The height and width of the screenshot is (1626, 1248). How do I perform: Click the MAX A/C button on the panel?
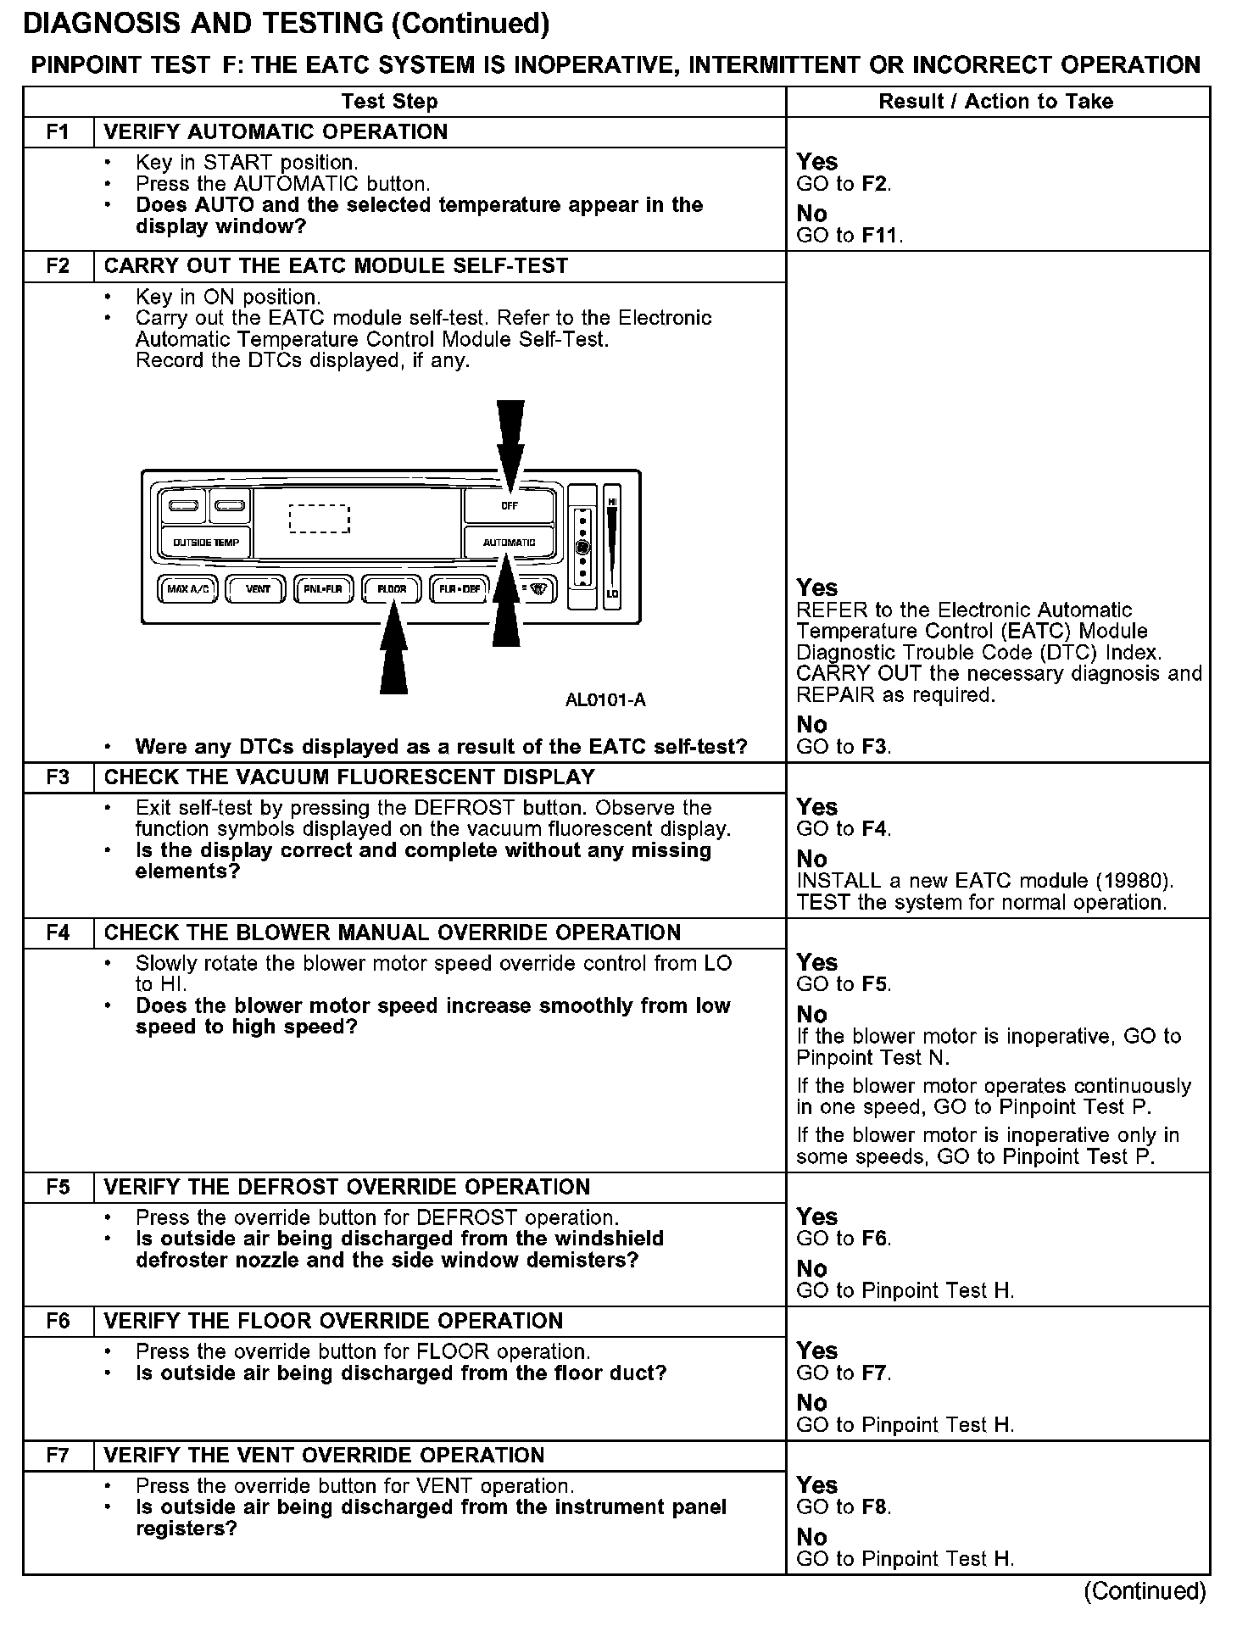pos(188,588)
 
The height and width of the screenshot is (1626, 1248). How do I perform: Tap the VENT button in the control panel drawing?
pos(258,588)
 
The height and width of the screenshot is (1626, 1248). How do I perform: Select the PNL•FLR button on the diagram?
pos(324,588)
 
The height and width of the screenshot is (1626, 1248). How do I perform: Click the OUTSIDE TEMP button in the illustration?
pos(206,543)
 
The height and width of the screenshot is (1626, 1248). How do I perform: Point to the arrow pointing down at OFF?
pos(510,445)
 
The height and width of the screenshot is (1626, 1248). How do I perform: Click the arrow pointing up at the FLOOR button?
pos(393,649)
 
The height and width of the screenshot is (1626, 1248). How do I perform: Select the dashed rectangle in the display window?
pos(319,519)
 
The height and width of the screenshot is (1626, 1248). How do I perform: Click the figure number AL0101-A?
pos(605,700)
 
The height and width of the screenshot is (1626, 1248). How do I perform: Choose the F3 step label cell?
pos(58,777)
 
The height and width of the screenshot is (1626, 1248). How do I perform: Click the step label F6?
pos(58,1321)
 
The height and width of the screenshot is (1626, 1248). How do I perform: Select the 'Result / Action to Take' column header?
pos(996,102)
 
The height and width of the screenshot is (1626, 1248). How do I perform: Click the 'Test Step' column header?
pos(389,102)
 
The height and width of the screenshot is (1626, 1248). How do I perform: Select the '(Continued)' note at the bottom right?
pos(1145,1591)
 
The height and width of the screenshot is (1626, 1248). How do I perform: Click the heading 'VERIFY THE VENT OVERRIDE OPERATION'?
pos(324,1455)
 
